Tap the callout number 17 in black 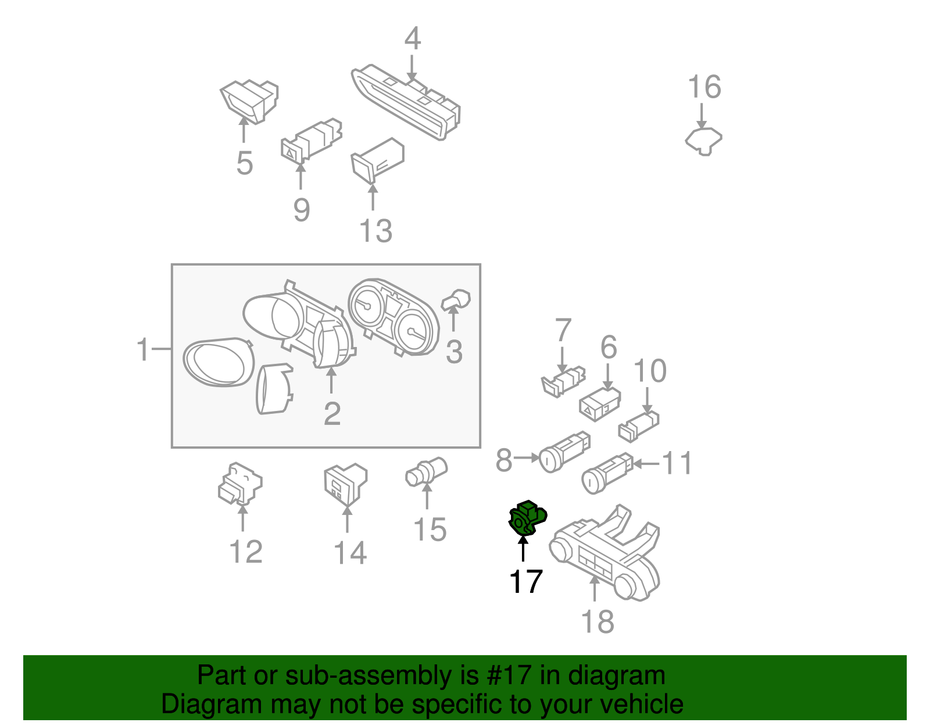525,581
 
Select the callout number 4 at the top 412,39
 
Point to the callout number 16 704,87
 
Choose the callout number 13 376,231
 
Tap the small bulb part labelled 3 457,300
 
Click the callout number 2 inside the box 332,414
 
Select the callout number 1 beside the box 143,350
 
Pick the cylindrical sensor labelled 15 426,471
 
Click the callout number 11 677,463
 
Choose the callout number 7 563,330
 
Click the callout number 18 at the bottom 598,621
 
